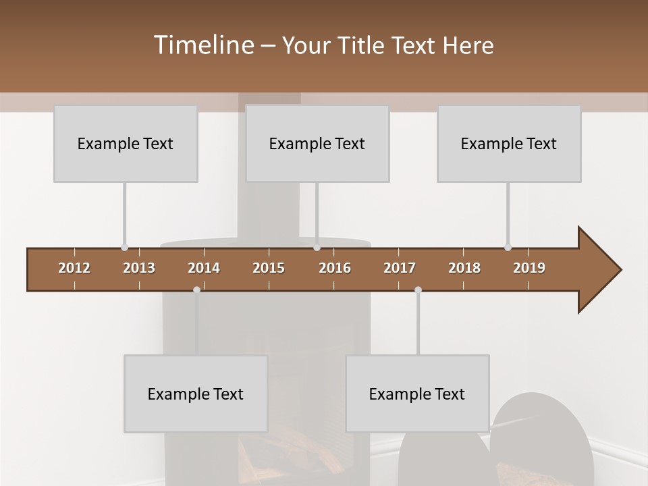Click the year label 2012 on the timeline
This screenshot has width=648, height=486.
[x=74, y=268]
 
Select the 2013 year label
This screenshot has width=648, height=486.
[x=139, y=268]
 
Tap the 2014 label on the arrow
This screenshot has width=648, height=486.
[x=204, y=268]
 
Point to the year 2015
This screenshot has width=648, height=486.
[x=269, y=268]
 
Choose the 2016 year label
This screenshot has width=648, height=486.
[x=335, y=268]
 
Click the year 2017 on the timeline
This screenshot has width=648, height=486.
[x=400, y=268]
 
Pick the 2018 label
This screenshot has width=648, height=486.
[x=464, y=268]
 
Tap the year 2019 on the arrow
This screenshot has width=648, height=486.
[x=529, y=268]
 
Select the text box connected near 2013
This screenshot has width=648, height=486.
[x=126, y=143]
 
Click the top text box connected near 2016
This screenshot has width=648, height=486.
[x=317, y=143]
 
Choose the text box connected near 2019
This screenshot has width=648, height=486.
[x=509, y=143]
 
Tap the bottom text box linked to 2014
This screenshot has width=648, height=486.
[x=196, y=394]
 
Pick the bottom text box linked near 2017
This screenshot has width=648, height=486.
[x=417, y=394]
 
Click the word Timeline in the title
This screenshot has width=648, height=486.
[x=202, y=45]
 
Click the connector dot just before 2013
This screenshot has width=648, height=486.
[x=124, y=247]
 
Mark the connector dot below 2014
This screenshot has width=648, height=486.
[x=196, y=290]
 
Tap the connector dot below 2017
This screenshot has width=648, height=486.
[x=418, y=290]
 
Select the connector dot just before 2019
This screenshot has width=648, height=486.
[x=508, y=247]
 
